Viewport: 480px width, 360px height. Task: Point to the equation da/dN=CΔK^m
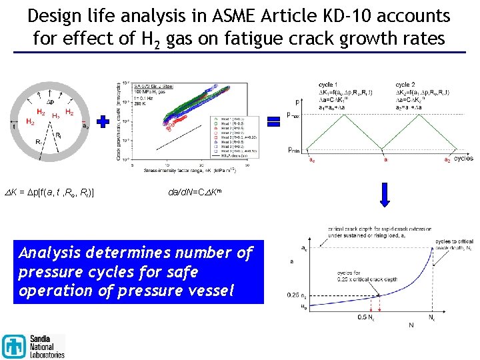[x=199, y=193]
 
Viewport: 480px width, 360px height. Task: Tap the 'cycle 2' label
[x=405, y=85]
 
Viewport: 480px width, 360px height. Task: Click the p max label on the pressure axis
[x=294, y=115]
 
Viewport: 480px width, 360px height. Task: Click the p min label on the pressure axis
[x=294, y=149]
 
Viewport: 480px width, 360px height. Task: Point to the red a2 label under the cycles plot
[x=447, y=160]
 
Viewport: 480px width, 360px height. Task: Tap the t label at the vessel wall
[x=14, y=125]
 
